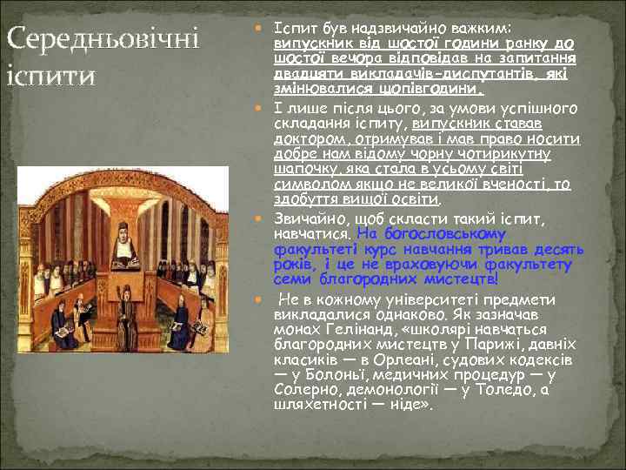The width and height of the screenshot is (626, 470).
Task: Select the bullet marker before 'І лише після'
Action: tap(265, 109)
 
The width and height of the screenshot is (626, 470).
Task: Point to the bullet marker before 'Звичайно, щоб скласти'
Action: tap(265, 216)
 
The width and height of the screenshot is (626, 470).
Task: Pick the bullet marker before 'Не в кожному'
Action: tap(265, 299)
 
